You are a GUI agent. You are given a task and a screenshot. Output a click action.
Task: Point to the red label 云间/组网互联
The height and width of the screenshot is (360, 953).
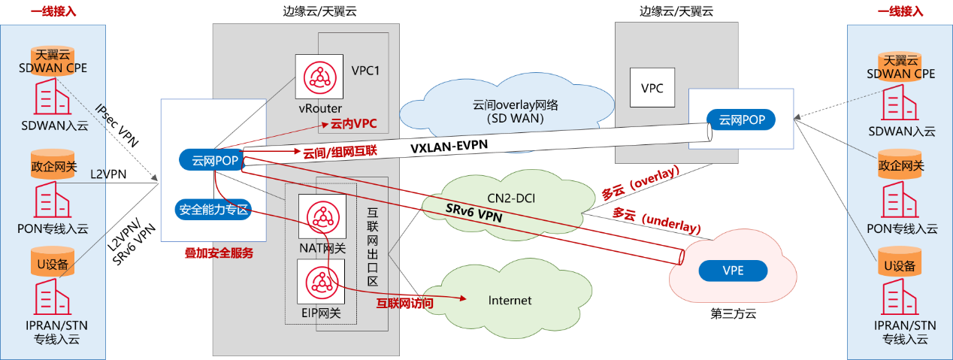click(x=340, y=152)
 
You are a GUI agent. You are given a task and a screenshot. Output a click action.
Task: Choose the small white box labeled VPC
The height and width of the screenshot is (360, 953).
click(x=652, y=88)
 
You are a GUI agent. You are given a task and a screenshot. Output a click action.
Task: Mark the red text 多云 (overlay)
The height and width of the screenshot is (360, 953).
click(x=640, y=183)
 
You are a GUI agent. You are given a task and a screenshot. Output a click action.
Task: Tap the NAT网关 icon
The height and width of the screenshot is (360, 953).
click(x=322, y=218)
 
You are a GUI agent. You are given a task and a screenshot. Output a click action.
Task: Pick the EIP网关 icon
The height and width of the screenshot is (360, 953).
click(x=322, y=283)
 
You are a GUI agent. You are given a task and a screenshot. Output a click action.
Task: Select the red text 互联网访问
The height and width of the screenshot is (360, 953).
click(x=405, y=304)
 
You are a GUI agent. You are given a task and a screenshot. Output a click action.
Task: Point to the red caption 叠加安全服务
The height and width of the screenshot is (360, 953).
click(x=219, y=253)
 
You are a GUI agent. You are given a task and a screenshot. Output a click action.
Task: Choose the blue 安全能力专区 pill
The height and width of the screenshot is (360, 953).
click(x=213, y=210)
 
